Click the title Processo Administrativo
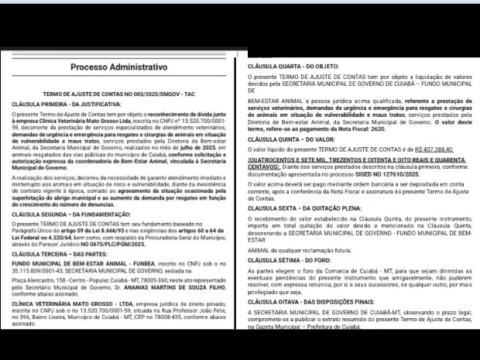click(x=120, y=67)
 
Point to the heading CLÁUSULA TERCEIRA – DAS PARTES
click(x=54, y=254)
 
